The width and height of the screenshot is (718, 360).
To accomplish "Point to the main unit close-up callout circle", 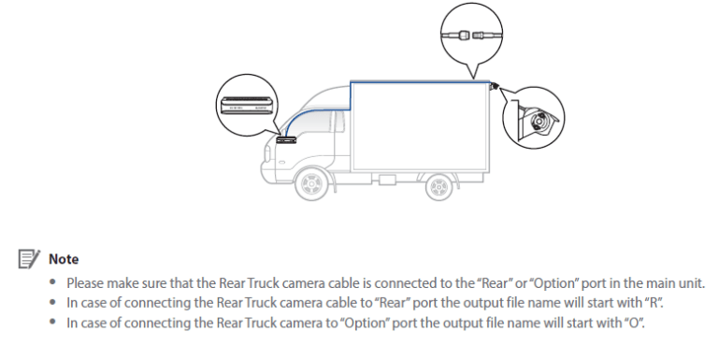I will tap(248, 106).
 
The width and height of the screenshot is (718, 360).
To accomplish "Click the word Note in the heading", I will tap(64, 259).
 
